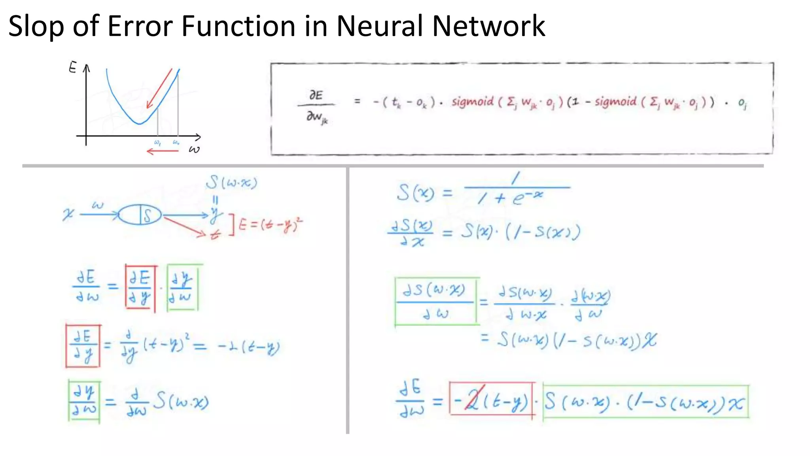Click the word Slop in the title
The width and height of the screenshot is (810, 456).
coord(36,26)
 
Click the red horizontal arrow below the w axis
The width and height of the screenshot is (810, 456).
coord(163,151)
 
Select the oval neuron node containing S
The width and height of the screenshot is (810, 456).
coord(140,215)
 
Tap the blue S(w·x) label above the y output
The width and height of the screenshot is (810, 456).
coord(231,182)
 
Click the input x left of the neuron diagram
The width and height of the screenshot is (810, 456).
coord(68,215)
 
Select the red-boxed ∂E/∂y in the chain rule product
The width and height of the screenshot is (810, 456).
coord(140,288)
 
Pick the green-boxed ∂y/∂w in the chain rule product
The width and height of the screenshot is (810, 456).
coord(182,288)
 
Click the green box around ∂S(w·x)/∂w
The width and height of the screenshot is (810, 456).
coord(436,302)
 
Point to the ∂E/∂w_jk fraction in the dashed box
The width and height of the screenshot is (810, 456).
coord(316,106)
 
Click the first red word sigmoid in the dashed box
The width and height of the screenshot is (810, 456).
coord(473,102)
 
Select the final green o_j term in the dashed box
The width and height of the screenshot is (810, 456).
coord(742,103)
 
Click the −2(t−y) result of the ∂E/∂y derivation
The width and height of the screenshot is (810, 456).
coord(249,348)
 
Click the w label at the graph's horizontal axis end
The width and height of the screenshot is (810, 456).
coord(194,149)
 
